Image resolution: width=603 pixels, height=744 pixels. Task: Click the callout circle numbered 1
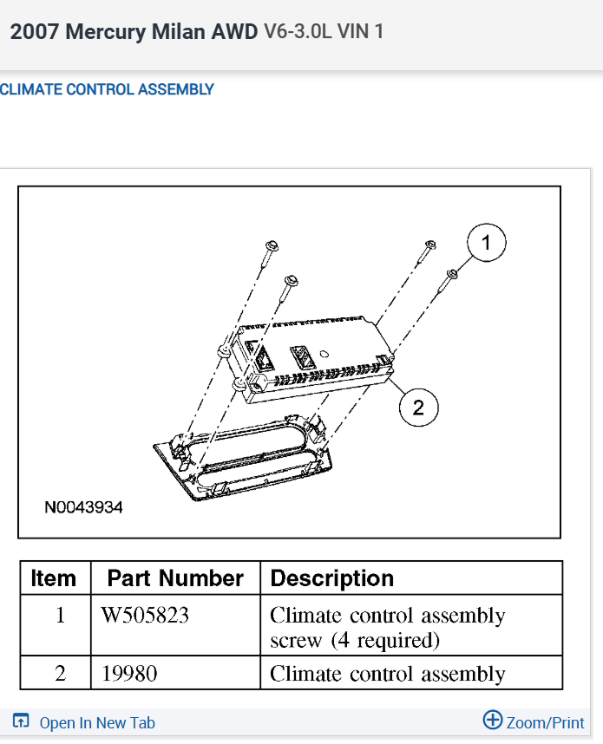486,244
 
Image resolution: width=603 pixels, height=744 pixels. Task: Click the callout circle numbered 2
418,407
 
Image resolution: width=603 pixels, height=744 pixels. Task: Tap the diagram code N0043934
83,507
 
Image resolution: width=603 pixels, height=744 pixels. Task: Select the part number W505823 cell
145,616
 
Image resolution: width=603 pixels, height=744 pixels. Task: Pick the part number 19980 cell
128,674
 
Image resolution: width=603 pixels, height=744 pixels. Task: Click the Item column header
54,578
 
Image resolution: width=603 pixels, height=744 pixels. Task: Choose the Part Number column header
175,578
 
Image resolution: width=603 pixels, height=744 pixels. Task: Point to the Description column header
332,578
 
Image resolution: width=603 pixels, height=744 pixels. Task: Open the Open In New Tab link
96,722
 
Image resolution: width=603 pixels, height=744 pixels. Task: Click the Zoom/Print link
545,722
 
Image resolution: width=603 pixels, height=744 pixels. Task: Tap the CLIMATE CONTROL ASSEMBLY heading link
106,89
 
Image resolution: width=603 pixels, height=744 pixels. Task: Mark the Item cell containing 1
60,616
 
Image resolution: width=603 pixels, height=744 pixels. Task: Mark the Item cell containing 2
60,674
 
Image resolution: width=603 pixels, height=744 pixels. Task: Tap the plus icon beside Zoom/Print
492,720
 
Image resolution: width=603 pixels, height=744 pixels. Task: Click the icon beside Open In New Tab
22,721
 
